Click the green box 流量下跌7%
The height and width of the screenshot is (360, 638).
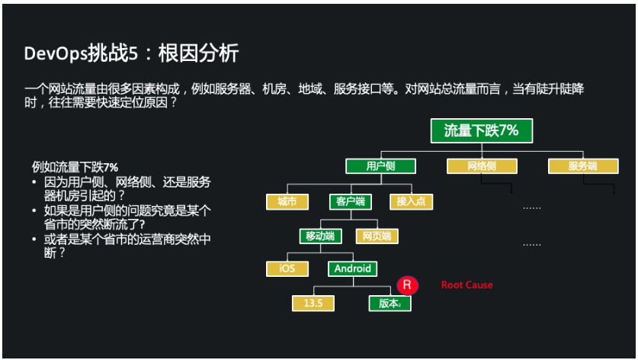click(481, 130)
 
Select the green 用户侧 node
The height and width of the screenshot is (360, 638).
click(380, 166)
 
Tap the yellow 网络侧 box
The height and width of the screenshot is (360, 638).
click(482, 166)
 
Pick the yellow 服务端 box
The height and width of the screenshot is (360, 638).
click(582, 166)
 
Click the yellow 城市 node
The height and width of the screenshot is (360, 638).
click(287, 201)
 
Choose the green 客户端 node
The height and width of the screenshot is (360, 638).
click(351, 201)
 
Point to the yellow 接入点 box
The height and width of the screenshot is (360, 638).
click(411, 201)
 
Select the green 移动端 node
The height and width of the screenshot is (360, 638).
click(320, 236)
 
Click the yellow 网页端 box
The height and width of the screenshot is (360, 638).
click(377, 236)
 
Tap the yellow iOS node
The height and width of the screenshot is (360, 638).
click(287, 268)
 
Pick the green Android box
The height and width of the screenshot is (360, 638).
click(352, 268)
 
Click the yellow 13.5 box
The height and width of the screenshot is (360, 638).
click(313, 303)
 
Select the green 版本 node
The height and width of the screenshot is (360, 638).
click(390, 303)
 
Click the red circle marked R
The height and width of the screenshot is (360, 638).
click(407, 285)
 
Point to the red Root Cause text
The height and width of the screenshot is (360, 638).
click(466, 285)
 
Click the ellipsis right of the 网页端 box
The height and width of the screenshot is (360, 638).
click(531, 244)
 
